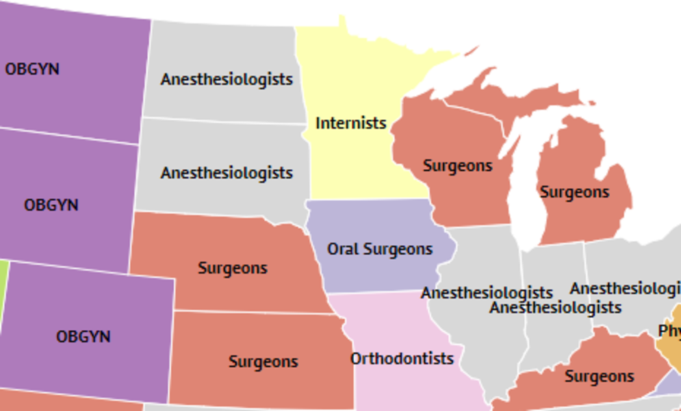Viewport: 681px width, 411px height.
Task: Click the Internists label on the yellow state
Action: point(350,123)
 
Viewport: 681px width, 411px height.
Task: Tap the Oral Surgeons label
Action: point(379,249)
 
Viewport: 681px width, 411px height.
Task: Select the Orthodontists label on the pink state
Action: point(402,358)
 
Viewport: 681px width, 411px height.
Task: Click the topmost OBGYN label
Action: point(32,69)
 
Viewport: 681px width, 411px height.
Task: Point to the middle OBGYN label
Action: point(51,205)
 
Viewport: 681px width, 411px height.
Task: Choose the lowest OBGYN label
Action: point(83,336)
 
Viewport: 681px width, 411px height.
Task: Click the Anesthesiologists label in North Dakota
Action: point(227,79)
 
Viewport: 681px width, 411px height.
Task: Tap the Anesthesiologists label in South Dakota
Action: point(227,173)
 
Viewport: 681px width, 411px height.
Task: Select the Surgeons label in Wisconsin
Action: point(457,166)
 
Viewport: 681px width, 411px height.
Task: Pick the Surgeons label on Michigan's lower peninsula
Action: point(574,192)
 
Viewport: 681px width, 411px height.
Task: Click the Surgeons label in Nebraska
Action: point(232,268)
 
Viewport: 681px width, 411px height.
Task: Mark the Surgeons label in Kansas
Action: point(263,361)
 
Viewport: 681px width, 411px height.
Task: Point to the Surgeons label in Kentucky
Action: point(599,376)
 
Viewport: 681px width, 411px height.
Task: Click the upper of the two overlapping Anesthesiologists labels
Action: point(487,293)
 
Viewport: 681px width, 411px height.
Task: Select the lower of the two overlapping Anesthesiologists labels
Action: point(555,308)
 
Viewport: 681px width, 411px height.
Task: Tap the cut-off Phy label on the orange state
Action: point(669,331)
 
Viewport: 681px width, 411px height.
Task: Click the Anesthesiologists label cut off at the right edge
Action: point(625,288)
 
